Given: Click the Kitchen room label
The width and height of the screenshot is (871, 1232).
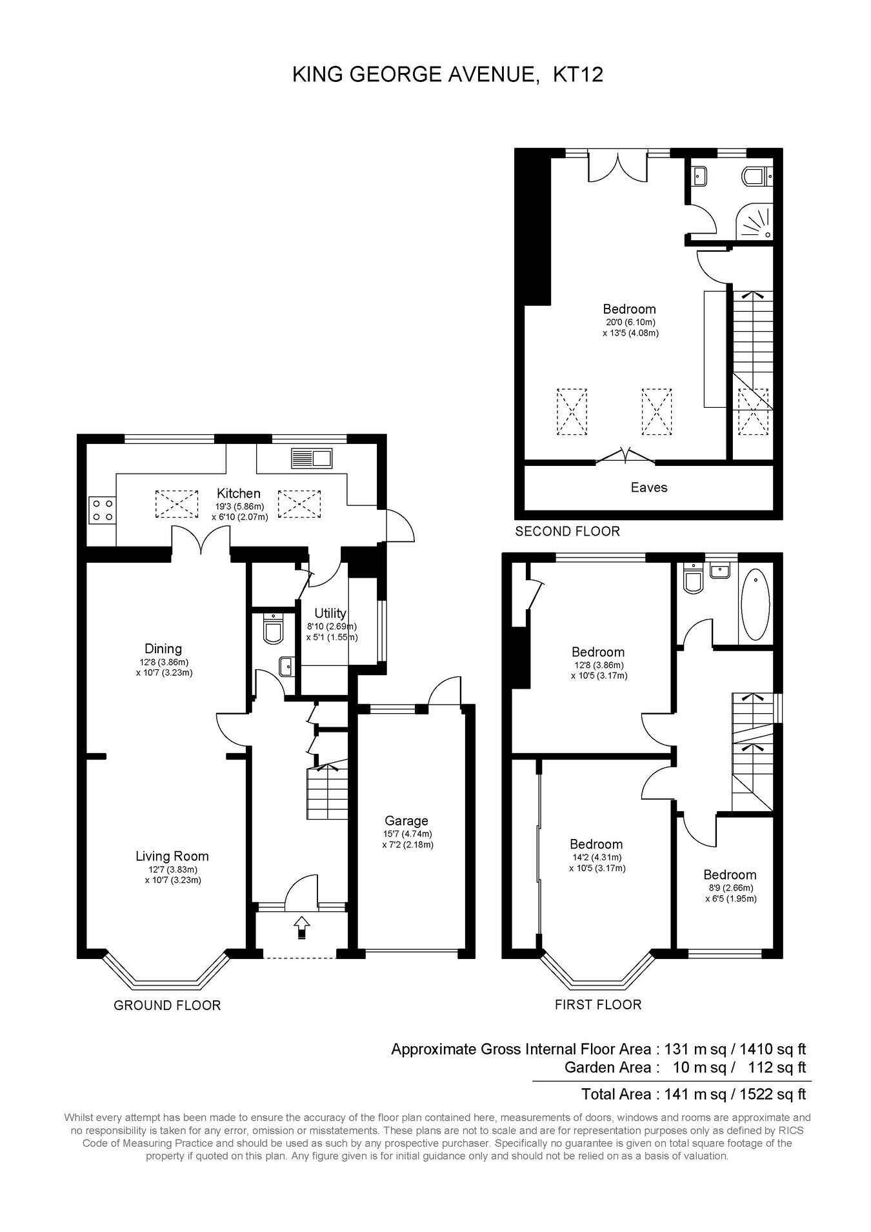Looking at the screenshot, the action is click(x=239, y=493).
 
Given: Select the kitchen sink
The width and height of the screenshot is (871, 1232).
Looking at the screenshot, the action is click(x=312, y=459).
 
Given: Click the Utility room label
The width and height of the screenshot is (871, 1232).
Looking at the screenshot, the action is click(x=330, y=613).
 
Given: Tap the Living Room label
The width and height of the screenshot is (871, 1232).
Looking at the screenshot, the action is click(x=172, y=856).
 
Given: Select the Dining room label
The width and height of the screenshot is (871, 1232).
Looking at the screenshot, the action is click(x=163, y=649).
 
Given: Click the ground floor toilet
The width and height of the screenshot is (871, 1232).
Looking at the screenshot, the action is click(x=274, y=629).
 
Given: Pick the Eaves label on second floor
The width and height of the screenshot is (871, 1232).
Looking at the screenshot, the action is click(x=649, y=487).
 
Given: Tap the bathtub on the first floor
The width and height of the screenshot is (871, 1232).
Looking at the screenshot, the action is click(x=755, y=604).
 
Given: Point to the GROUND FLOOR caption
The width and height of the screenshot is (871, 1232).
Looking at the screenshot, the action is click(x=167, y=1005).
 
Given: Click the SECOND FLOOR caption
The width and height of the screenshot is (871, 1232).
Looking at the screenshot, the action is click(x=567, y=531).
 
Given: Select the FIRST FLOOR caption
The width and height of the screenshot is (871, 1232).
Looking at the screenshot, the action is click(x=598, y=1004).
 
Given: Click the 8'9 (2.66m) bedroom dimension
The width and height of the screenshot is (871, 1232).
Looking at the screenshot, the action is click(x=730, y=887).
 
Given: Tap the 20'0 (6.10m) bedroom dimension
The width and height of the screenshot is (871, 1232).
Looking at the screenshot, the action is click(x=630, y=322).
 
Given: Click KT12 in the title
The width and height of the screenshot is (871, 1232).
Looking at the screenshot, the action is click(x=578, y=75).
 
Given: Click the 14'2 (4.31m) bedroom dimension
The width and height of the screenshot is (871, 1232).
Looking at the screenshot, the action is click(x=596, y=857).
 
